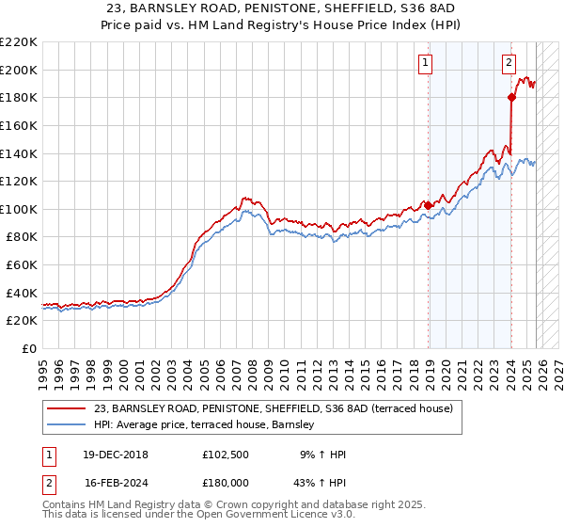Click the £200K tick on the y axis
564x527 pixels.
(x=19, y=70)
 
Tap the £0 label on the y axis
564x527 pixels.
(x=29, y=349)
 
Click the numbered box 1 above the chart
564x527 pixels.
(x=425, y=63)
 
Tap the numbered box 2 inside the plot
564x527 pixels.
(x=508, y=63)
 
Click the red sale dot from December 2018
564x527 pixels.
(x=429, y=205)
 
